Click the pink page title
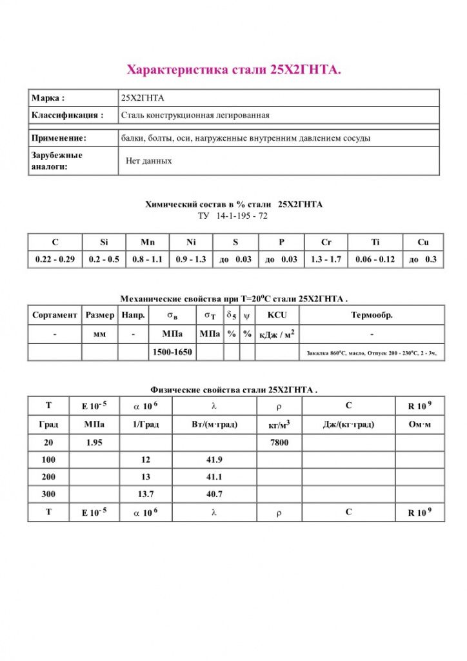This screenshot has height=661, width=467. point(233,70)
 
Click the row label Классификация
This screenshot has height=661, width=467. point(67,116)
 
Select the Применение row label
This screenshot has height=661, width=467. point(59,138)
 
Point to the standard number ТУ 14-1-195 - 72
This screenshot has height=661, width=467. point(233,216)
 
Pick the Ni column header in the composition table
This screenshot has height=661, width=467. point(191,242)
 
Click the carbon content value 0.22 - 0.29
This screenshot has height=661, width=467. point(55,259)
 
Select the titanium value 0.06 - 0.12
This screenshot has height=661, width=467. point(375,259)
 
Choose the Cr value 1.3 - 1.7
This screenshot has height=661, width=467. point(326,259)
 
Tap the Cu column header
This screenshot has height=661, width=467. point(422,242)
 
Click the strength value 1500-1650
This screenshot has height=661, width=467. point(172,352)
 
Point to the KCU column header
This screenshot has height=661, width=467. point(277,316)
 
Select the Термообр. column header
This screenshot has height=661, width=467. point(372,316)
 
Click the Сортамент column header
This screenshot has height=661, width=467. point(55,316)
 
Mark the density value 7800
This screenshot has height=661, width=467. point(279,443)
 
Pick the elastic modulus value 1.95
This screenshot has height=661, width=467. point(94,443)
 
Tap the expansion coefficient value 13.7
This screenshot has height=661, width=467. point(145,494)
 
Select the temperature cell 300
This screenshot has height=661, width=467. point(48,494)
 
